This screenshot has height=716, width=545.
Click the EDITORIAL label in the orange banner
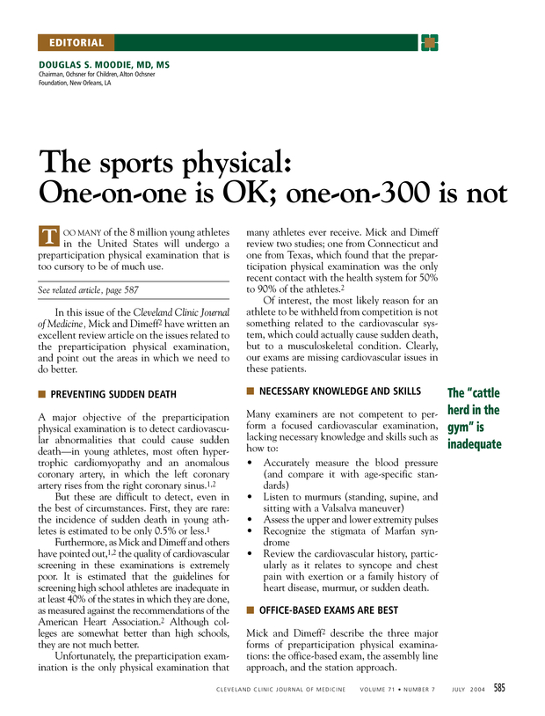click(x=76, y=42)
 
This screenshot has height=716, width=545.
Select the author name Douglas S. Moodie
click(x=104, y=65)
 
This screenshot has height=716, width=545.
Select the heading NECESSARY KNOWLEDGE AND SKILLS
click(x=340, y=391)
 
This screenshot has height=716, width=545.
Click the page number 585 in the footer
click(x=498, y=688)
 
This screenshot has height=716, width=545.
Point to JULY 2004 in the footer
click(x=465, y=689)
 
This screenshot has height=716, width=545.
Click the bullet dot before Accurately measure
click(x=252, y=462)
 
